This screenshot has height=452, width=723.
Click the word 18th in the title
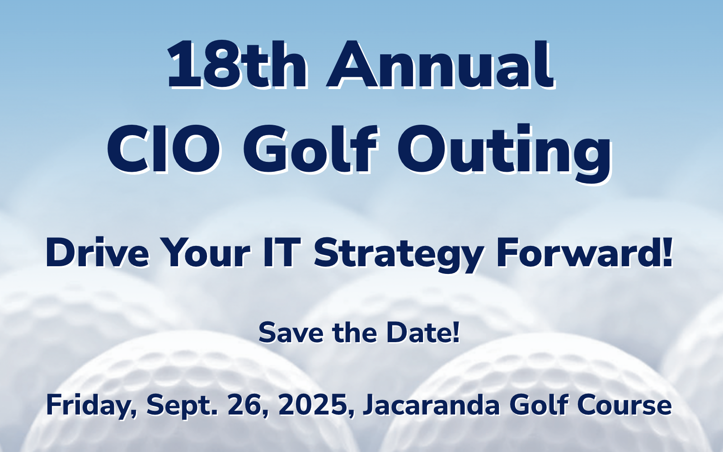pyautogui.click(x=236, y=64)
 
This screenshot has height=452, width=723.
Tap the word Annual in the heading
pyautogui.click(x=440, y=64)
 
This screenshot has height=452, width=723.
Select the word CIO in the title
pyautogui.click(x=164, y=150)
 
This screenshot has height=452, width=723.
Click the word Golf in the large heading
pyautogui.click(x=310, y=150)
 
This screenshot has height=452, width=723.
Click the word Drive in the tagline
pyautogui.click(x=97, y=253)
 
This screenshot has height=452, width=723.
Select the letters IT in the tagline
pyautogui.click(x=280, y=253)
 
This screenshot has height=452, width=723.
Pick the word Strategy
pyautogui.click(x=399, y=255)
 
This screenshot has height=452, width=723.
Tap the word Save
pyautogui.click(x=291, y=333)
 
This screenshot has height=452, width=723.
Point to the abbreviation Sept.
pyautogui.click(x=181, y=406)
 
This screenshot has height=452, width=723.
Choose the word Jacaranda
pyautogui.click(x=432, y=405)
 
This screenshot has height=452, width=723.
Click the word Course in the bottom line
pyautogui.click(x=624, y=405)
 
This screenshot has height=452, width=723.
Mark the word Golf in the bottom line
pyautogui.click(x=539, y=405)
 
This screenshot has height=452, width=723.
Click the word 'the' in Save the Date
pyautogui.click(x=354, y=333)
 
